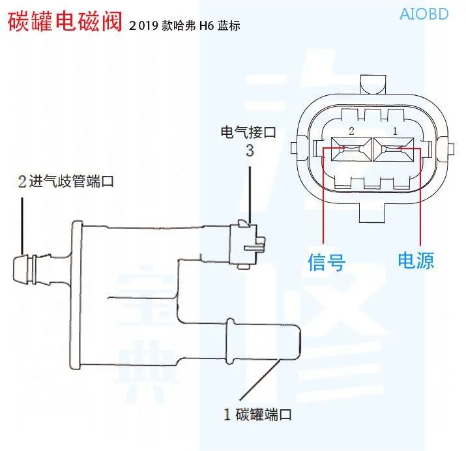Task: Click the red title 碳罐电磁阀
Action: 65,22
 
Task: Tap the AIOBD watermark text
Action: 423,13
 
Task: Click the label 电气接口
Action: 248,132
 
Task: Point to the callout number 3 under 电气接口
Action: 249,152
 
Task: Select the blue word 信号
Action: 326,262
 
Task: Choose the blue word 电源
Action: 416,261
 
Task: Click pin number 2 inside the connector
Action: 351,132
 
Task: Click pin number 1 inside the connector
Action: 394,132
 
